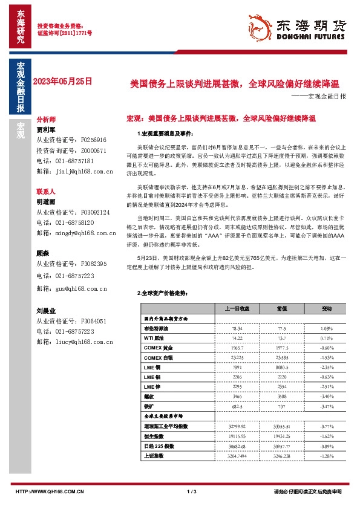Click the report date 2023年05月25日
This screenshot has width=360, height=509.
click(x=62, y=80)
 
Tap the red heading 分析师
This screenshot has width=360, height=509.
click(x=46, y=120)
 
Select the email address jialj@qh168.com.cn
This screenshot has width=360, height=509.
click(x=76, y=172)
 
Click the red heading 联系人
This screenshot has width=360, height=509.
click(x=46, y=191)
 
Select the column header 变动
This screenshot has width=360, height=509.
click(x=327, y=308)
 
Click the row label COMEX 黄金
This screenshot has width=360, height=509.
click(x=159, y=349)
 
